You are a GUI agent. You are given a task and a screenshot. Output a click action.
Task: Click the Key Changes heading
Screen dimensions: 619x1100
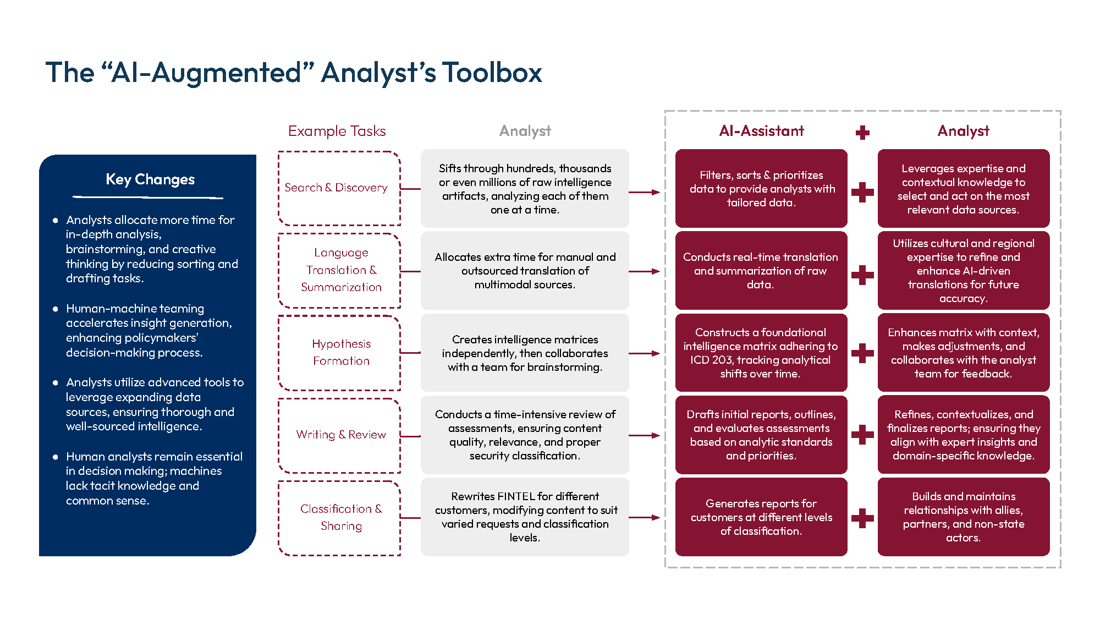pyautogui.click(x=150, y=179)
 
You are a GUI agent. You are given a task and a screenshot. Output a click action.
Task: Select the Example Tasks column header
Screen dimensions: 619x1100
pyautogui.click(x=337, y=131)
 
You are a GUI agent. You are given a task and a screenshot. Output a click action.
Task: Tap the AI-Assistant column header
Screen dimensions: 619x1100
pyautogui.click(x=761, y=131)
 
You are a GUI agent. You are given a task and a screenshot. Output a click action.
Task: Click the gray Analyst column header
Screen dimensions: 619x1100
pyautogui.click(x=525, y=131)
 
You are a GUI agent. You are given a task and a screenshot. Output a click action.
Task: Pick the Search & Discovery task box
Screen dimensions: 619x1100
pyautogui.click(x=339, y=188)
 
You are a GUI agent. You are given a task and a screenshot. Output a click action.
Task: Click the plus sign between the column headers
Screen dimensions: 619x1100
pyautogui.click(x=862, y=132)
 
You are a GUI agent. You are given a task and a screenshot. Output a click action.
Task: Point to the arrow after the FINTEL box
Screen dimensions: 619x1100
pyautogui.click(x=644, y=517)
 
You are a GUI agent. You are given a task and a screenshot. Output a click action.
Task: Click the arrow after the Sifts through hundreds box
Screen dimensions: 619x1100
pyautogui.click(x=644, y=192)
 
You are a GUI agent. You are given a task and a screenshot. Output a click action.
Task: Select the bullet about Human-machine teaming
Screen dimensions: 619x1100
pyautogui.click(x=148, y=330)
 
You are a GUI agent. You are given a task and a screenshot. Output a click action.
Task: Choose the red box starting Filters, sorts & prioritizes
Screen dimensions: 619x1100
pyautogui.click(x=761, y=188)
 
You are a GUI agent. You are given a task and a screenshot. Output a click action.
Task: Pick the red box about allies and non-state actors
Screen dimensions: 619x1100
pyautogui.click(x=963, y=517)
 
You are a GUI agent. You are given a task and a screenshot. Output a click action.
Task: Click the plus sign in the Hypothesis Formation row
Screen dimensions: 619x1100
pyautogui.click(x=862, y=353)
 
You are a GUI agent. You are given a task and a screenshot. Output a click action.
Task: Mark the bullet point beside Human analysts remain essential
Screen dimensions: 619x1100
pyautogui.click(x=55, y=457)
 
